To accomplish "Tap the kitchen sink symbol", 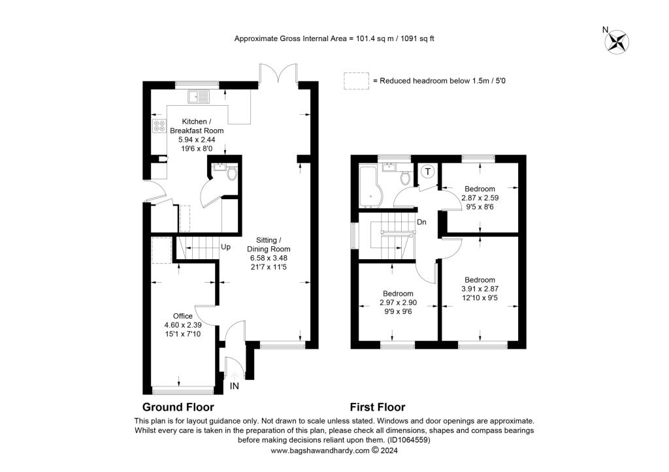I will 199,97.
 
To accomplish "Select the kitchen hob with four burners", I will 159,126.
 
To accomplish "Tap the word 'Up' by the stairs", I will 226,247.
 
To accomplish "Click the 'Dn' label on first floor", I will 422,222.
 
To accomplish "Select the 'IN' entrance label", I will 235,386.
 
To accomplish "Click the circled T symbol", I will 428,172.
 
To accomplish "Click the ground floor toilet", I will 231,174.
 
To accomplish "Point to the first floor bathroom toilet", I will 406,177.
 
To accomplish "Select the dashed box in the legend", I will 356,80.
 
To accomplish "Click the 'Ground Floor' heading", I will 178,407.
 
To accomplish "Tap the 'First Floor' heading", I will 377,407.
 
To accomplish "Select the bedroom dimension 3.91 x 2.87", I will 480,289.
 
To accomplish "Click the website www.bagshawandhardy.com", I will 320,450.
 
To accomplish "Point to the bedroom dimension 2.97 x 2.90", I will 398,302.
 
